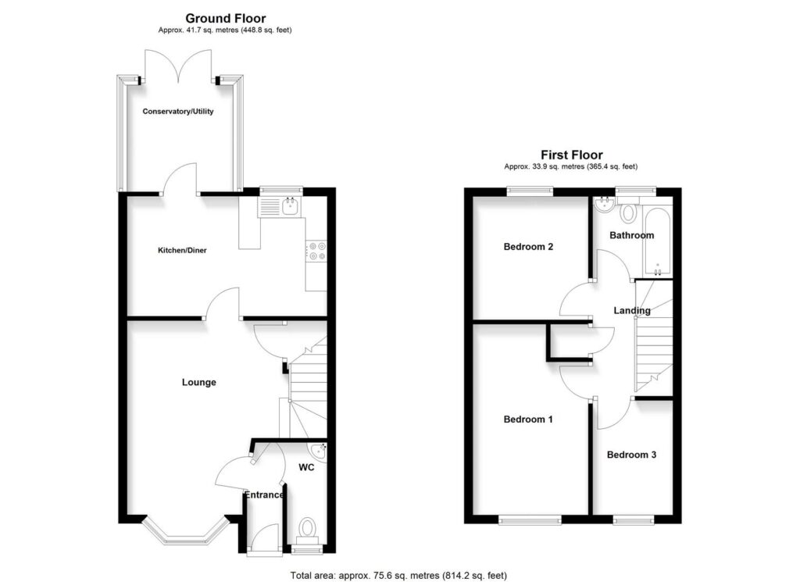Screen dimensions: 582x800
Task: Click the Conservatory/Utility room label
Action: point(178,112)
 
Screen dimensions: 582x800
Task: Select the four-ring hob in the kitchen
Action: point(317,250)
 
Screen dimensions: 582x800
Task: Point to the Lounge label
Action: point(198,383)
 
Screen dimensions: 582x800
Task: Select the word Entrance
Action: point(265,495)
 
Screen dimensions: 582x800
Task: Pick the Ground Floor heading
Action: point(225,18)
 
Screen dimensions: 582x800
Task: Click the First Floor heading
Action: point(571,155)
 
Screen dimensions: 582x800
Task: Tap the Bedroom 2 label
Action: point(528,247)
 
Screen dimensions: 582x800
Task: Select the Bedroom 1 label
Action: point(528,420)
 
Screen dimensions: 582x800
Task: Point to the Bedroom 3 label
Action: point(631,455)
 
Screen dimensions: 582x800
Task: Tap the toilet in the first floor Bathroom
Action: point(630,212)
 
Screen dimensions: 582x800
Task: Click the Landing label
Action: point(632,311)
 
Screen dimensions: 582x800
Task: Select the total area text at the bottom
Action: point(398,576)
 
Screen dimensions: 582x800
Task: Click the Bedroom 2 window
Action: point(530,190)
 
